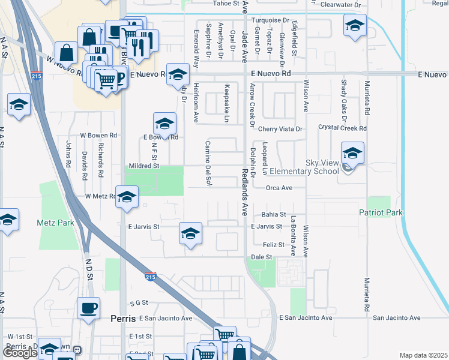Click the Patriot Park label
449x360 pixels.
[x=381, y=213]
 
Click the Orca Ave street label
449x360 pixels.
[x=279, y=188]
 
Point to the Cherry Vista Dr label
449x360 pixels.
[x=280, y=129]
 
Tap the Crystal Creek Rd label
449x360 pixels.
[x=342, y=128]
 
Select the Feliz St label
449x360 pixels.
[x=274, y=245]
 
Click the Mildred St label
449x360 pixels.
[x=143, y=166]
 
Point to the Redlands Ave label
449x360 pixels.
[x=244, y=191]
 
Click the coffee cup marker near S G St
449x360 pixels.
[x=89, y=308]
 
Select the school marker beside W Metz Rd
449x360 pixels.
[x=127, y=197]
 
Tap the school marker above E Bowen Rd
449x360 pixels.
[x=164, y=124]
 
